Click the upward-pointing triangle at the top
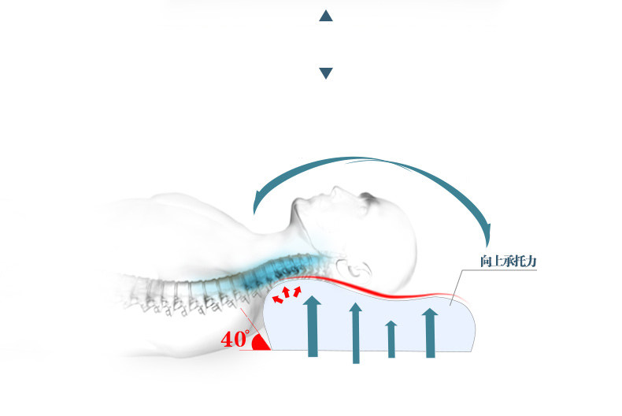tap(326, 16)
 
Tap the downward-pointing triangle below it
tap(326, 73)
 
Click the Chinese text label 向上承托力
tap(508, 260)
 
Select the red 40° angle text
tap(235, 340)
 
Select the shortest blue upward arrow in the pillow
tap(391, 339)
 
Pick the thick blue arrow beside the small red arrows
tap(313, 326)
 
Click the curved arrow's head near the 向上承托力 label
tap(486, 233)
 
